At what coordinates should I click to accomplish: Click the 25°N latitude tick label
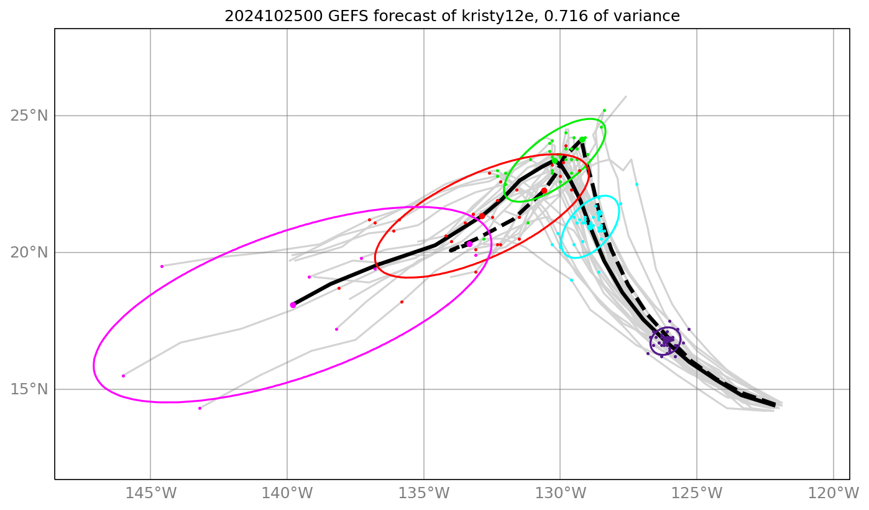[x=29, y=116]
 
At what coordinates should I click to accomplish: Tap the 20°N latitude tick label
[x=29, y=253]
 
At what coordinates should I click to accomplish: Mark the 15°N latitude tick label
[x=29, y=389]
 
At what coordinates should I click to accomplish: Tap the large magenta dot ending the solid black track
[x=293, y=305]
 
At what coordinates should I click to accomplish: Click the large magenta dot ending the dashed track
[x=469, y=244]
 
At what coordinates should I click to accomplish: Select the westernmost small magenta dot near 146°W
[x=123, y=376]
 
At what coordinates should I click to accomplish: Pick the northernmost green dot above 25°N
[x=604, y=110]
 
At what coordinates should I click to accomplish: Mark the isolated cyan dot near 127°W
[x=637, y=184]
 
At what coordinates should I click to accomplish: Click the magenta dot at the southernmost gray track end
[x=200, y=408]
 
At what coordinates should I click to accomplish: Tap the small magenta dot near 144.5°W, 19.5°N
[x=162, y=266]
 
